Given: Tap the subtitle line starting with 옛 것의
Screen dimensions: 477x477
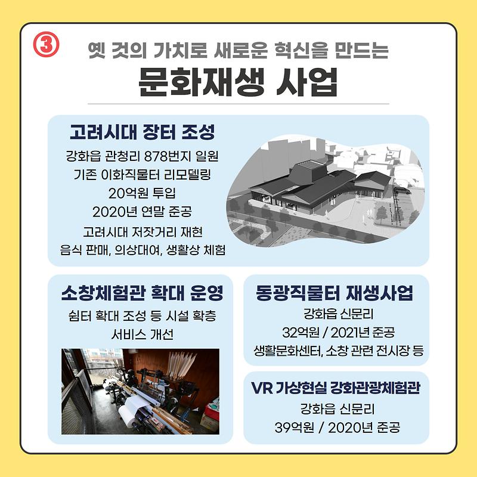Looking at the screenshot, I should pyautogui.click(x=238, y=50).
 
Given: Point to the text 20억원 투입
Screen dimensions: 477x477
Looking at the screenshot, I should pyautogui.click(x=142, y=193).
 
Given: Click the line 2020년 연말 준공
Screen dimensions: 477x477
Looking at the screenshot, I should pyautogui.click(x=142, y=212).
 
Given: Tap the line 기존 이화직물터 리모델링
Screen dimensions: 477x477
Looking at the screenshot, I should pyautogui.click(x=142, y=175).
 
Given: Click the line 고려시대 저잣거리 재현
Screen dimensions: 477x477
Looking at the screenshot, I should pyautogui.click(x=142, y=231).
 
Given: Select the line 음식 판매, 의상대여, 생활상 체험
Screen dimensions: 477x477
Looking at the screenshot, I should pyautogui.click(x=142, y=249).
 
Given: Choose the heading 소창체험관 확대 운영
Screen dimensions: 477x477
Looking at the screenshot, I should pyautogui.click(x=141, y=293).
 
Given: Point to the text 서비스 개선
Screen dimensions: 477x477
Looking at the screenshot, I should pyautogui.click(x=142, y=334).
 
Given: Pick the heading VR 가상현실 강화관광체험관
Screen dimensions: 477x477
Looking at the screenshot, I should pyautogui.click(x=336, y=389).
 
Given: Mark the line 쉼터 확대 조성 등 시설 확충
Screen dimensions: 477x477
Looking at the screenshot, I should pyautogui.click(x=142, y=315).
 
